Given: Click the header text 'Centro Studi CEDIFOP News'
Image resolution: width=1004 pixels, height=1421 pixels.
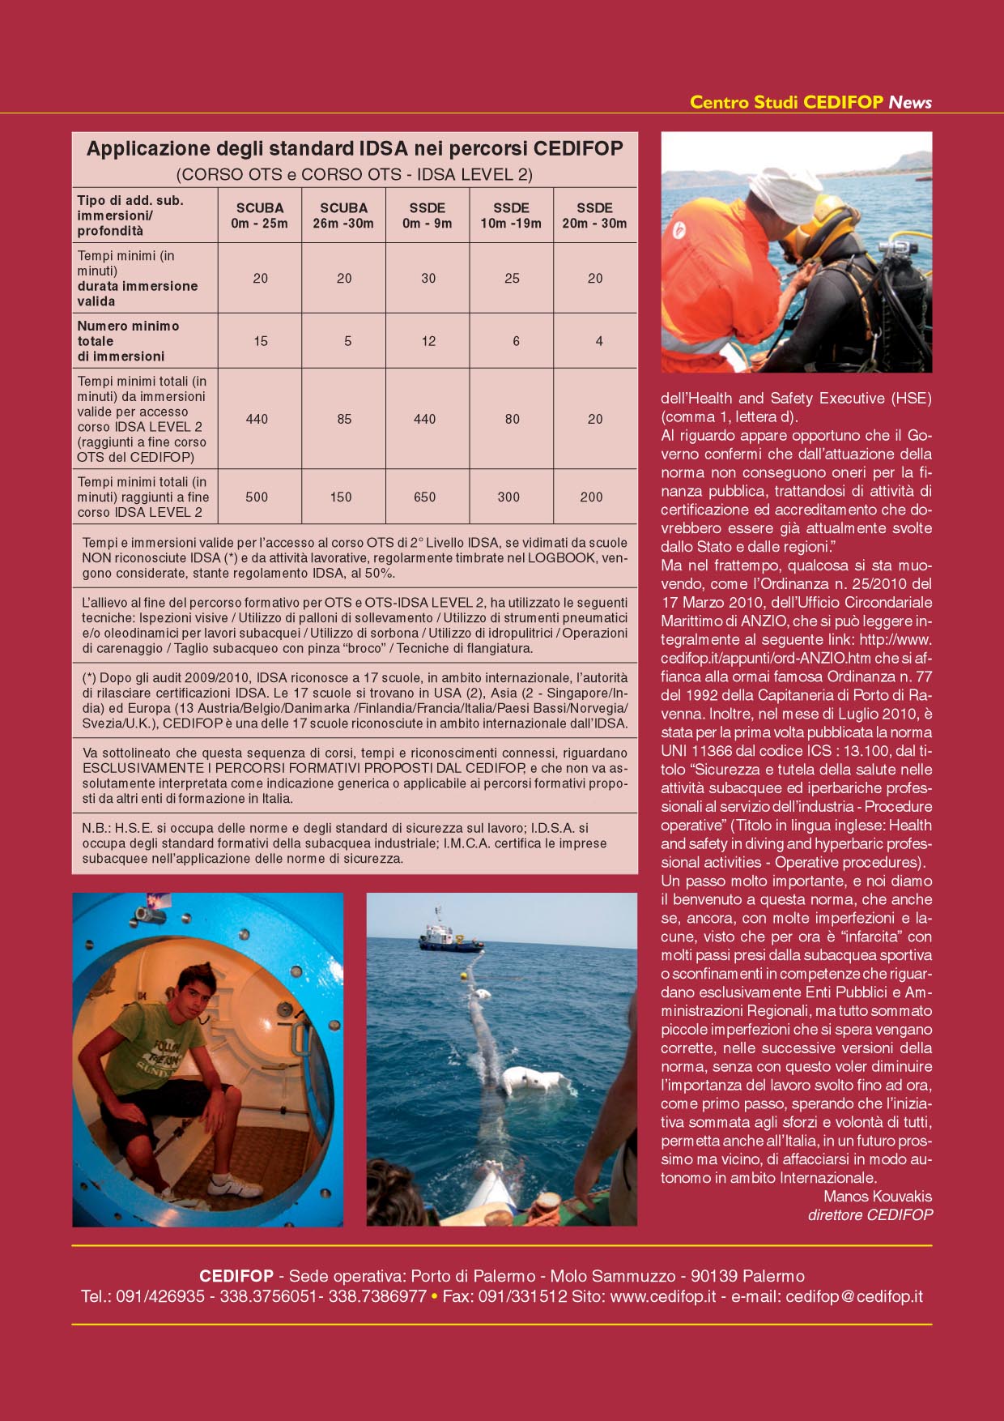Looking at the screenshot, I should (810, 102).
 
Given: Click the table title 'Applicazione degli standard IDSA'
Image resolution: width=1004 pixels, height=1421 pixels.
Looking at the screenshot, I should (355, 149).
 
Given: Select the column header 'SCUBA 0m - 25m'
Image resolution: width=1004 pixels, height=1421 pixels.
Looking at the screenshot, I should (259, 215).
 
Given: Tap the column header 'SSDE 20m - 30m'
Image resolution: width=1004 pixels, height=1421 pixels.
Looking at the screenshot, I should (594, 215).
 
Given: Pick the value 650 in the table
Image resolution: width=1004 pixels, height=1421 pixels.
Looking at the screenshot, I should (425, 497).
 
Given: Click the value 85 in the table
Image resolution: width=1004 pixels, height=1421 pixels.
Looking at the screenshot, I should (344, 419).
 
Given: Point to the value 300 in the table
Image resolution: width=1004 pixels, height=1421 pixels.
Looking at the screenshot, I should (508, 497).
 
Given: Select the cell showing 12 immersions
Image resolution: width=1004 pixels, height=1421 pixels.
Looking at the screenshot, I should (428, 341).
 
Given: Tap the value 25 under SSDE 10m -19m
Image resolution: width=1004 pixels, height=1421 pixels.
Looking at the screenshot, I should (512, 278).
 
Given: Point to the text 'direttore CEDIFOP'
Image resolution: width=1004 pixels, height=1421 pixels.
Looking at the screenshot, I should (870, 1214).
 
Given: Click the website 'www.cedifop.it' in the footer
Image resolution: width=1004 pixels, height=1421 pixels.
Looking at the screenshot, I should (662, 1296).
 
